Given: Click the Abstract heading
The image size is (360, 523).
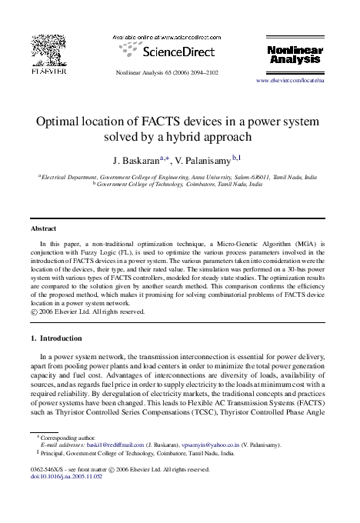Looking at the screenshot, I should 43,229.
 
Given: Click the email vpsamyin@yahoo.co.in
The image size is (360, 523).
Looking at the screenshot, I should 208,445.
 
